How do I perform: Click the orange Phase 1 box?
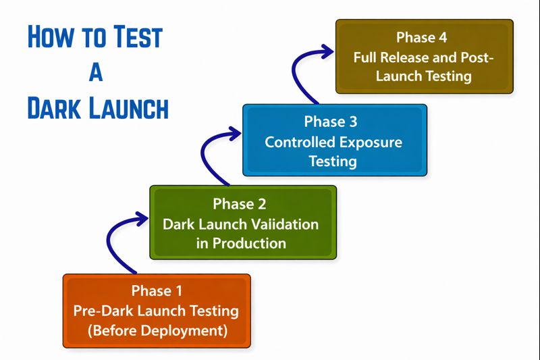point(157,311)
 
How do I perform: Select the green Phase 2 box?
point(242,223)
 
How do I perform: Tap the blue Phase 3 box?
point(334,140)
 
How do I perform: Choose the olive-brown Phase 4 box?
point(424,57)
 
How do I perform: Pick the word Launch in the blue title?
point(128,108)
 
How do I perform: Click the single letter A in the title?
point(96,72)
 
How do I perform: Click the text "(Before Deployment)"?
point(157,332)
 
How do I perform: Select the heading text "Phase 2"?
point(241,203)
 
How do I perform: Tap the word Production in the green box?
point(249,243)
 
